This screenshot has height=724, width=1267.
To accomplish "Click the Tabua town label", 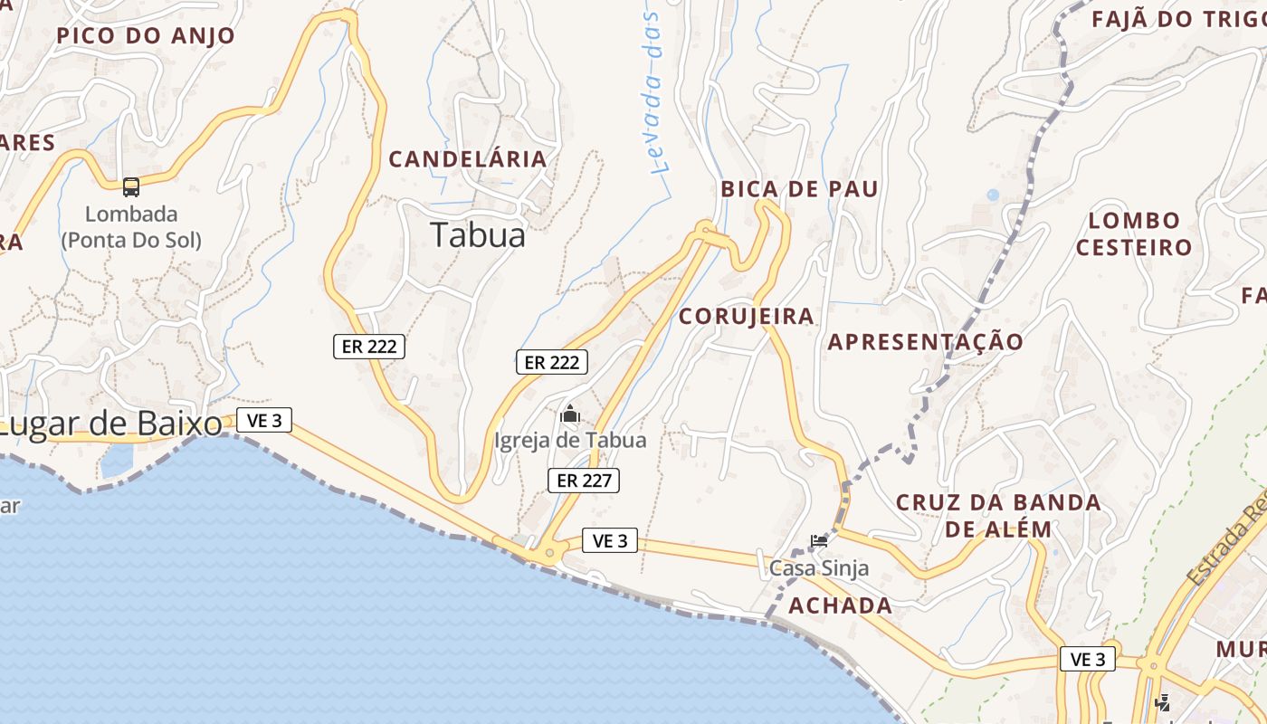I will pos(477,234).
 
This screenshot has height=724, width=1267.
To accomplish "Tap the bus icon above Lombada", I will pos(131,187).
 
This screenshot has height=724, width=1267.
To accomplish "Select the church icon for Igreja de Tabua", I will pos(570,414).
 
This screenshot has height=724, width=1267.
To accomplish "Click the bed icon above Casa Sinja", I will pos(819,541).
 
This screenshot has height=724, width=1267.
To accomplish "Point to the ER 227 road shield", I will pos(584,481).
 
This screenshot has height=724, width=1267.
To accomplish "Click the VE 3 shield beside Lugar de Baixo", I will pos(264,420).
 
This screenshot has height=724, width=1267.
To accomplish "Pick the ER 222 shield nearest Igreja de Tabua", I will pos(552,362).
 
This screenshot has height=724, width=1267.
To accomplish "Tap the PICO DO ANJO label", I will pos(146,36).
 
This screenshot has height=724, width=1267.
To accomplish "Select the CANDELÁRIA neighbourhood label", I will pos(468,159).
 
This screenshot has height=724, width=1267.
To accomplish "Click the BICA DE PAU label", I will pos(799,189).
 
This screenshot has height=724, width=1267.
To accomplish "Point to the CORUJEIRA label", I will pos(747,316).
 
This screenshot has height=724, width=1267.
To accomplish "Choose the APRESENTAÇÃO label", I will pos(925,342).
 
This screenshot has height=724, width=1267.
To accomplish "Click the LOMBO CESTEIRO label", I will pos(1134,233).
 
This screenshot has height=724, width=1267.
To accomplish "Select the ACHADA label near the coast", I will pos(840,605).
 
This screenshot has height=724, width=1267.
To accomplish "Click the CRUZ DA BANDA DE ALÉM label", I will pos(998,516).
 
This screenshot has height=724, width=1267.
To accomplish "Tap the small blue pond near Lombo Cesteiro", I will pos(993,195).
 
